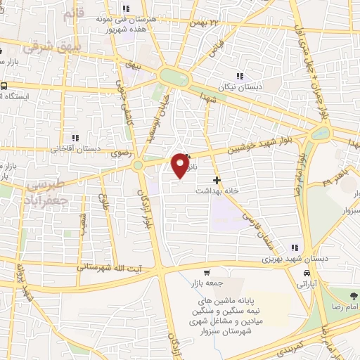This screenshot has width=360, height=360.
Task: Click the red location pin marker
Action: click(x=181, y=165)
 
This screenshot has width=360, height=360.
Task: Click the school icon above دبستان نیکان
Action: click(x=240, y=76)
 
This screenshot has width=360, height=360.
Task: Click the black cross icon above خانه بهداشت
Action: click(x=217, y=180)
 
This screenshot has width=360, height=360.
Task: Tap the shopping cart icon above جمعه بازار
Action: click(x=206, y=272)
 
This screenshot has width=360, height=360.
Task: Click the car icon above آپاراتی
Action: click(x=307, y=273)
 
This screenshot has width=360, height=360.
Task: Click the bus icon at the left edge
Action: click(x=4, y=86)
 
